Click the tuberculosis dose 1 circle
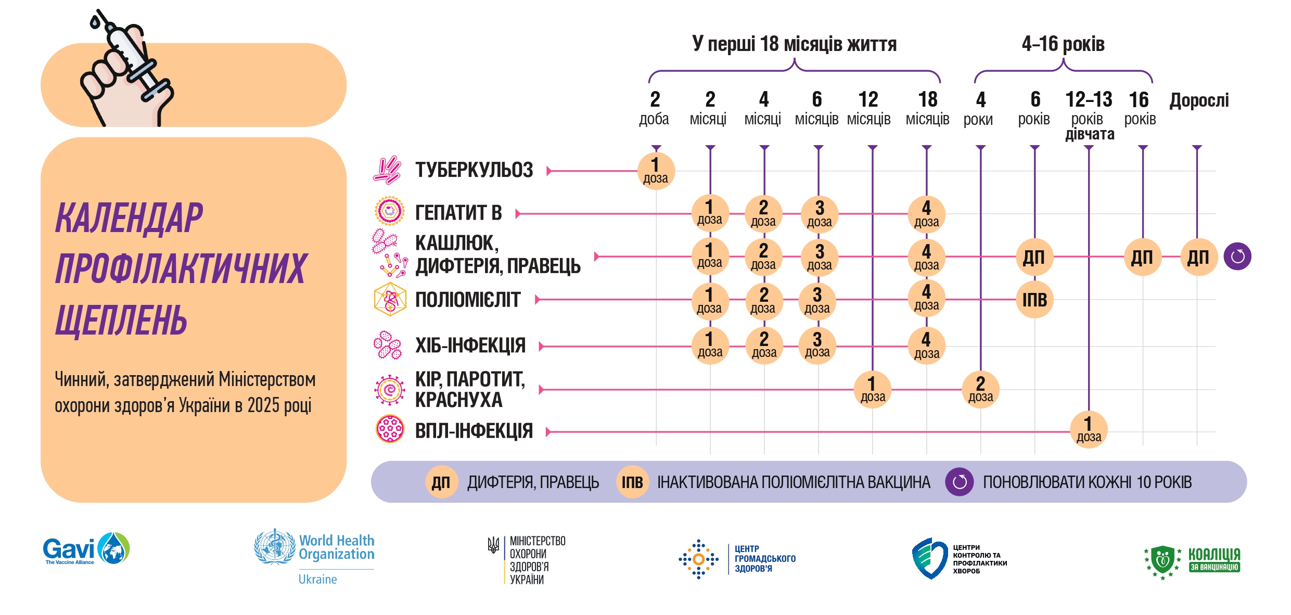pos(656,171)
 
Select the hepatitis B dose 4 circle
pos(927,214)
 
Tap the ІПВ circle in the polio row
pos(1034,300)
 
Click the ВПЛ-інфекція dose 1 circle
pos(1089,429)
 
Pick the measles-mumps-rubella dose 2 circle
pos(980,389)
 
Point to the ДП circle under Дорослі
pos(1199,257)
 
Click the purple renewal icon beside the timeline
pos(1237,257)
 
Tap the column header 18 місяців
pos(927,108)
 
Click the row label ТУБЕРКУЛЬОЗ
pos(474,170)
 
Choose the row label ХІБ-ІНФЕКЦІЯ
pos(470,345)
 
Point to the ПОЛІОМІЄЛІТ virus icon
pos(390,299)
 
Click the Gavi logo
pos(86,548)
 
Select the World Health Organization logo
pos(314,556)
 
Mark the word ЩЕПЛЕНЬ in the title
pos(121,319)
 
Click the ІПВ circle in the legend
pos(632,482)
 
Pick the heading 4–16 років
pos(1063,44)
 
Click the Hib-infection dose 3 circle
pos(817,345)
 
